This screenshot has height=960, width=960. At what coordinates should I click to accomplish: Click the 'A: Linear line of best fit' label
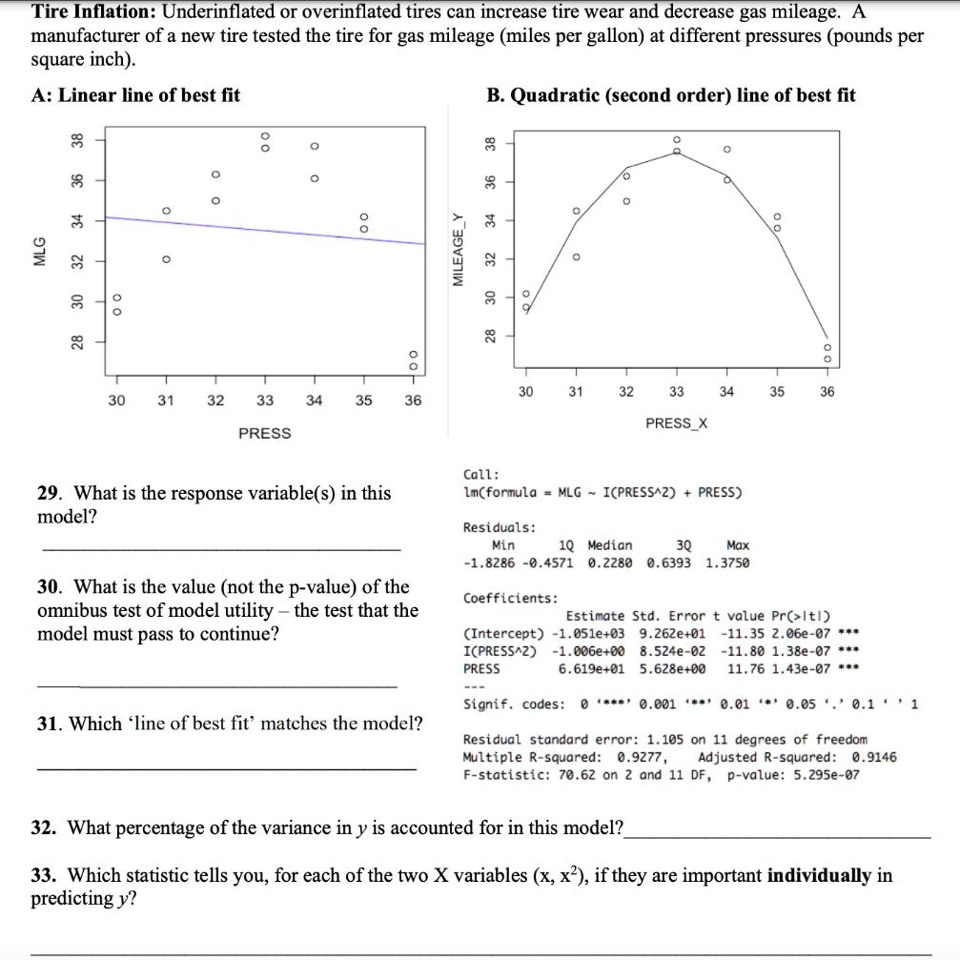pyautogui.click(x=135, y=95)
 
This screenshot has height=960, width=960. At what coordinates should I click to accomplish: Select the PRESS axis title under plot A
pyautogui.click(x=264, y=434)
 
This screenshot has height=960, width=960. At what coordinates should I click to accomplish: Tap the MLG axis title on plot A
pyautogui.click(x=39, y=258)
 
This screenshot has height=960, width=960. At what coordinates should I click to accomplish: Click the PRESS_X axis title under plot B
pyautogui.click(x=676, y=422)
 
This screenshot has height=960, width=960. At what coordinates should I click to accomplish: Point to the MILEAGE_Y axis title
pyautogui.click(x=458, y=253)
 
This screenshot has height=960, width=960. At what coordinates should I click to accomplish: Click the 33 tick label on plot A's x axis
pyautogui.click(x=264, y=401)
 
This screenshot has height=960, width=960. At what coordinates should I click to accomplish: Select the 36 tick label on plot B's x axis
pyautogui.click(x=826, y=392)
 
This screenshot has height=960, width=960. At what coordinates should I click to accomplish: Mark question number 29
pyautogui.click(x=49, y=494)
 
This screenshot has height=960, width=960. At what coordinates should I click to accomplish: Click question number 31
pyautogui.click(x=49, y=724)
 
